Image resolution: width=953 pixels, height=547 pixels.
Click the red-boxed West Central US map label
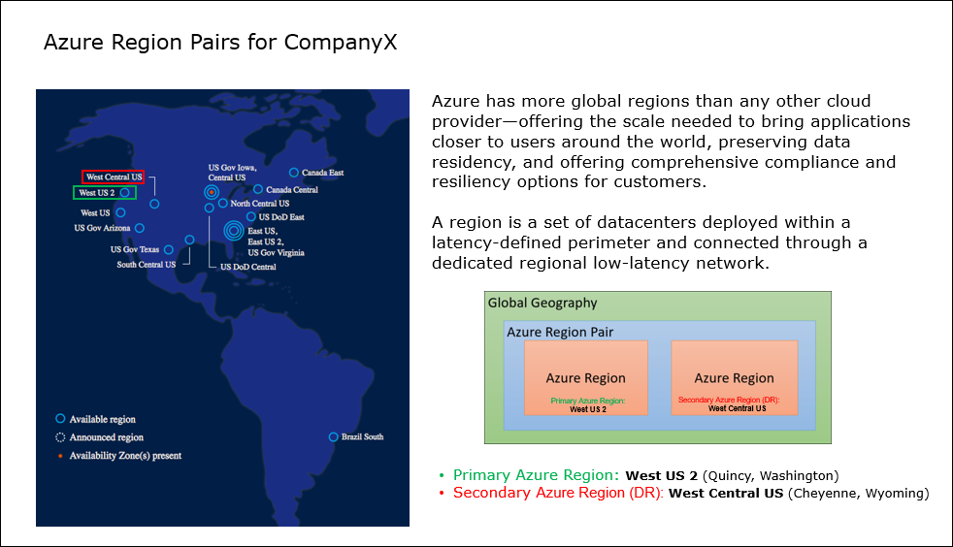point(113,177)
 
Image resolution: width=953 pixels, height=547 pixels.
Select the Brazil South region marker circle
point(333,437)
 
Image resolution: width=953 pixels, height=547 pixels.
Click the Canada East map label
point(323,173)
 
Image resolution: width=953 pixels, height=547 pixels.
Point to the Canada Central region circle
point(258,189)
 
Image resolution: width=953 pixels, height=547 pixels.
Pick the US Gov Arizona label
point(102,228)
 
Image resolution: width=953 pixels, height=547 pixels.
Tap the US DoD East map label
point(281,217)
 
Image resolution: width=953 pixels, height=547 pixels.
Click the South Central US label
point(146,265)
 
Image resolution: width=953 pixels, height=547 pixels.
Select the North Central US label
point(259,204)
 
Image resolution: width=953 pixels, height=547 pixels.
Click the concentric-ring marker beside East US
point(234,231)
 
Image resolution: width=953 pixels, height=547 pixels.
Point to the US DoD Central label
point(248,267)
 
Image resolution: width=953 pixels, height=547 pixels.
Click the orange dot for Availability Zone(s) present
point(60,455)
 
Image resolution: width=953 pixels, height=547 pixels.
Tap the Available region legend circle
point(60,418)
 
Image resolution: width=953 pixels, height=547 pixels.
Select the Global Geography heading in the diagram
point(542,303)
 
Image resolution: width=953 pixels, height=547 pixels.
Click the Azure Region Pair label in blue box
point(560,332)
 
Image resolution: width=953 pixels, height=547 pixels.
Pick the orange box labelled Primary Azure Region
point(586,377)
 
